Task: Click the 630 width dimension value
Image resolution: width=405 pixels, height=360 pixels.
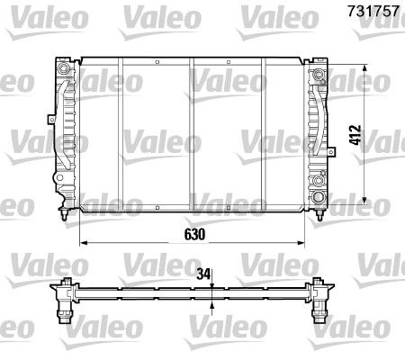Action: tap(195, 233)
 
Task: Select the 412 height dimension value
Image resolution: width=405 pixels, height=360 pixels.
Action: tap(355, 135)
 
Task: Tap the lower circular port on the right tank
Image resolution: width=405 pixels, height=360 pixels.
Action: tap(319, 197)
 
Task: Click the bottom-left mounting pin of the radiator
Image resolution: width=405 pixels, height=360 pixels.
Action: tap(64, 216)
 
